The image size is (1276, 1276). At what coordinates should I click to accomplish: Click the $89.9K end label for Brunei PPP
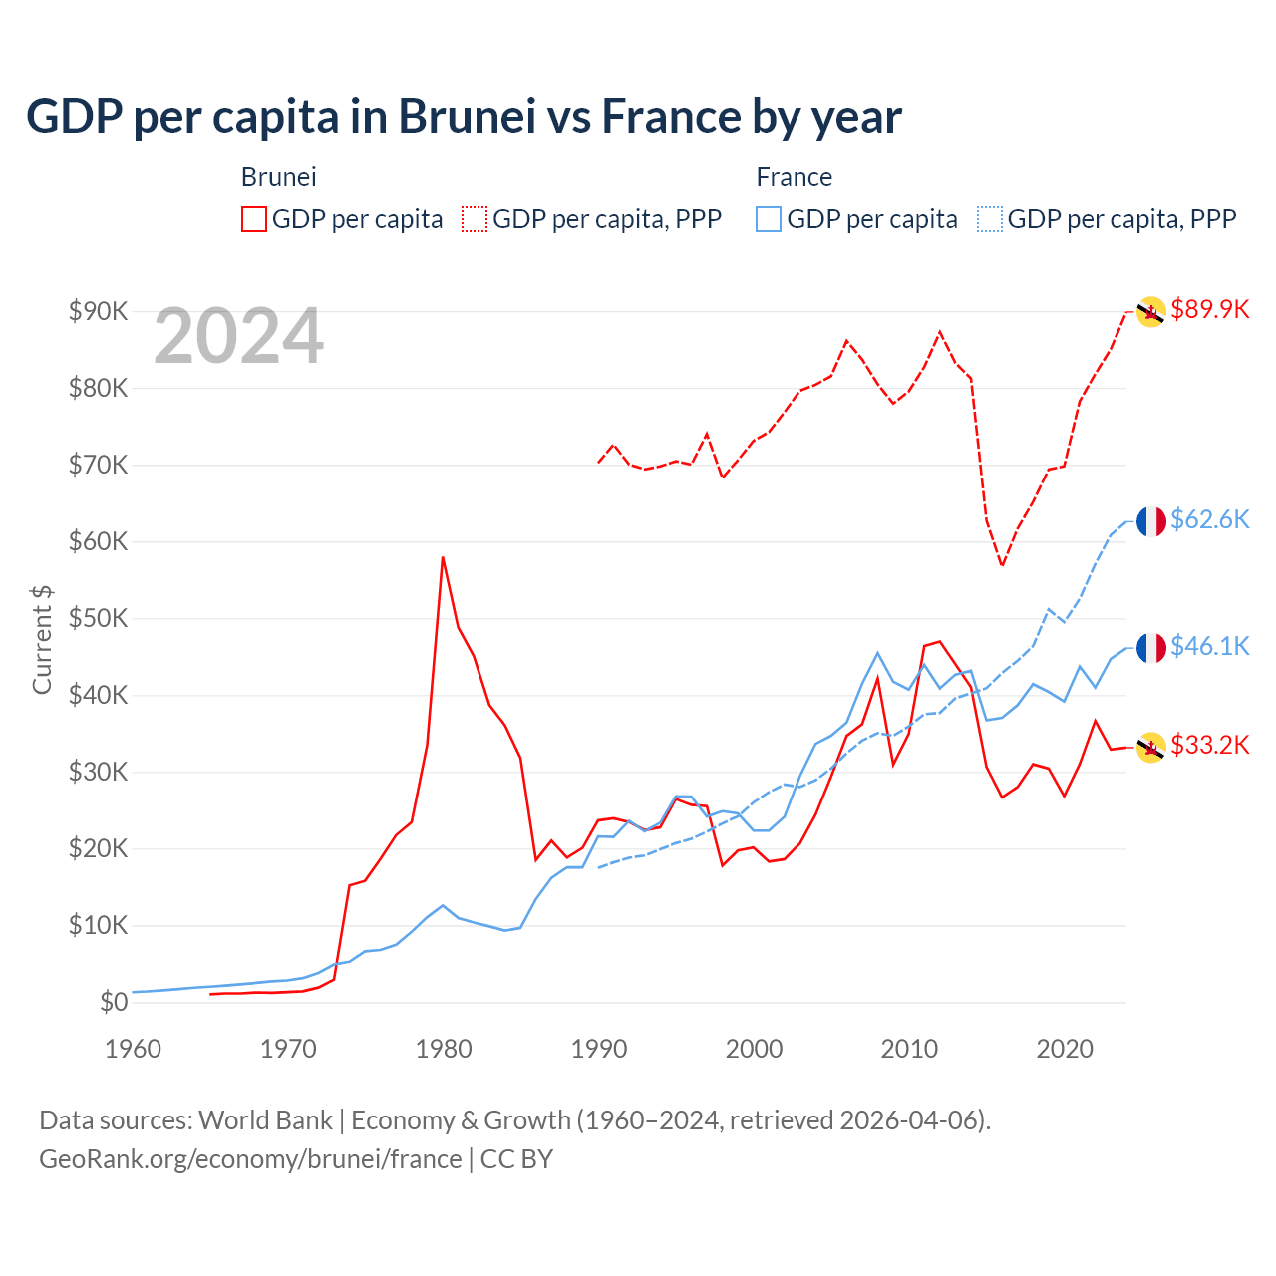point(1209,309)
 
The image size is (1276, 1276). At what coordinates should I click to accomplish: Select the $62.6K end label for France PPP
point(1209,519)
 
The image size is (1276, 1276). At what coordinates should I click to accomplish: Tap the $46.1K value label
point(1209,646)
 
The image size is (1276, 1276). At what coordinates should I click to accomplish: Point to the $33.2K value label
point(1209,745)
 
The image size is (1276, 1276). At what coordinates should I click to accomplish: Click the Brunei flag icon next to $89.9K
point(1151,312)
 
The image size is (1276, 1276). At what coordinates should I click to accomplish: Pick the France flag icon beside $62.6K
point(1151,521)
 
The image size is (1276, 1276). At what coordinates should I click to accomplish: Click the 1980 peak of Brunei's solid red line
point(443,557)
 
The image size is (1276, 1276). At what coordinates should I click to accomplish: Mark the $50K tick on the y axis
point(98,618)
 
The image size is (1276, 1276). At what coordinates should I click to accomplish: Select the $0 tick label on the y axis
point(113,1002)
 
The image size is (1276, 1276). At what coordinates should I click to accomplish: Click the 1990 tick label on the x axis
point(599,1049)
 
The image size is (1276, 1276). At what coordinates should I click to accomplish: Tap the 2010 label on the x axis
point(909,1049)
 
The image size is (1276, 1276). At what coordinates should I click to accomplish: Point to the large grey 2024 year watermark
point(238,337)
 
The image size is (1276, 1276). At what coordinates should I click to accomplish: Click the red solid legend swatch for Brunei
point(254,219)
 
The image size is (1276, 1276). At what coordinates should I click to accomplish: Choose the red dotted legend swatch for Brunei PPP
point(475,219)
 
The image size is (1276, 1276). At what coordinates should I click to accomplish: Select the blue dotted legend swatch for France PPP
point(990,219)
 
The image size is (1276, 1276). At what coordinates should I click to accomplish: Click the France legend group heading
point(794,177)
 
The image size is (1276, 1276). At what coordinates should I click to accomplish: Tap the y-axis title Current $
point(42,639)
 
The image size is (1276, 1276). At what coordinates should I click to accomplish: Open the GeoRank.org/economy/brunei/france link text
point(250,1159)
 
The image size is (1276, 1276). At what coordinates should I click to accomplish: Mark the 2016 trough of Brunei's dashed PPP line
point(1002,565)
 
